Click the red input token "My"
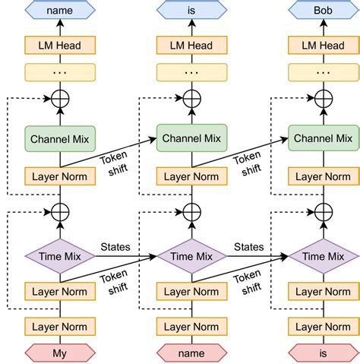pyautogui.click(x=60, y=353)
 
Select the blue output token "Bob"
pyautogui.click(x=324, y=10)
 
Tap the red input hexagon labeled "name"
pyautogui.click(x=191, y=353)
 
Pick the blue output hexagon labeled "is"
pyautogui.click(x=191, y=10)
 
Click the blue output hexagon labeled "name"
pyautogui.click(x=60, y=10)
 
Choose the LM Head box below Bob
pyautogui.click(x=324, y=45)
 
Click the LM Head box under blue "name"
pyautogui.click(x=60, y=45)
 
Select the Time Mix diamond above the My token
pyautogui.click(x=60, y=256)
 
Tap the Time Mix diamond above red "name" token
pyautogui.click(x=191, y=256)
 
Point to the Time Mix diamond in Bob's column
pyautogui.click(x=324, y=256)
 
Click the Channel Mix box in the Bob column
pyautogui.click(x=324, y=138)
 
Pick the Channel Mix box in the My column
pyautogui.click(x=60, y=139)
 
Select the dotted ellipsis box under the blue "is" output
pyautogui.click(x=191, y=72)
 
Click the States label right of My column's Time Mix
pyautogui.click(x=115, y=247)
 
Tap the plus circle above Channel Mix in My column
pyautogui.click(x=60, y=99)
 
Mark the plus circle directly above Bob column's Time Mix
pyautogui.click(x=324, y=212)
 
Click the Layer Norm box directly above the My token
pyautogui.click(x=60, y=327)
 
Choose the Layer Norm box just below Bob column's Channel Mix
pyautogui.click(x=324, y=176)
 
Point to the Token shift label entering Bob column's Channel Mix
pyautogui.click(x=248, y=163)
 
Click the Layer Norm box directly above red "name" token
pyautogui.click(x=191, y=327)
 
